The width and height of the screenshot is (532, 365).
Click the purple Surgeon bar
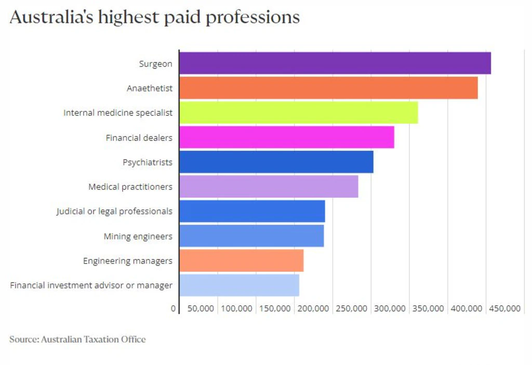(335, 63)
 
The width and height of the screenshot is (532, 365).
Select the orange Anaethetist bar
(328, 88)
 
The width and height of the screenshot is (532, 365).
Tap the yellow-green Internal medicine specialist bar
(298, 113)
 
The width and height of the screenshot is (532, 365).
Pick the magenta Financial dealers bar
(286, 137)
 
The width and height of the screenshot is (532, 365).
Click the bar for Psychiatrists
(276, 162)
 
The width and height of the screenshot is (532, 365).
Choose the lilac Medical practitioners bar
(269, 186)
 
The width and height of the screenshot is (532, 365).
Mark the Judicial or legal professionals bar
(252, 211)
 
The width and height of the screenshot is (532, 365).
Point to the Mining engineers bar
(251, 236)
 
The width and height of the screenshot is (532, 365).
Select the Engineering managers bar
(241, 260)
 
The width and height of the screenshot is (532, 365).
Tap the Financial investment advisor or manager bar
(239, 285)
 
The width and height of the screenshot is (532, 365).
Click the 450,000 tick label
(504, 308)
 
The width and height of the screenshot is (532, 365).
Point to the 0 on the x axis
(173, 308)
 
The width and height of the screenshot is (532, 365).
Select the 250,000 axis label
(351, 308)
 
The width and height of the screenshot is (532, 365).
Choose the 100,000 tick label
(237, 308)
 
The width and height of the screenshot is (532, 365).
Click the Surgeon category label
(155, 64)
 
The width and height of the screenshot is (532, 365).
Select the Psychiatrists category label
(147, 162)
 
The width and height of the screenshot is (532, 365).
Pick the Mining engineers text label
(138, 237)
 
